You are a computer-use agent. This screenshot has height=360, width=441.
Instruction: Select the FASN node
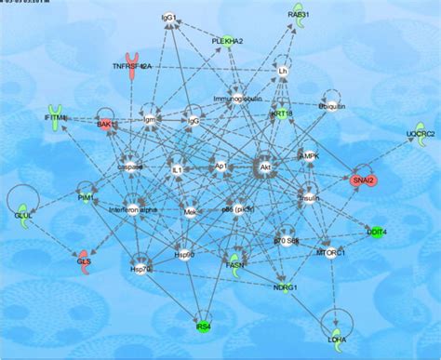click(x=236, y=263)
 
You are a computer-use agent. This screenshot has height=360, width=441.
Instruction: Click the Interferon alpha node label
click(x=130, y=209)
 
